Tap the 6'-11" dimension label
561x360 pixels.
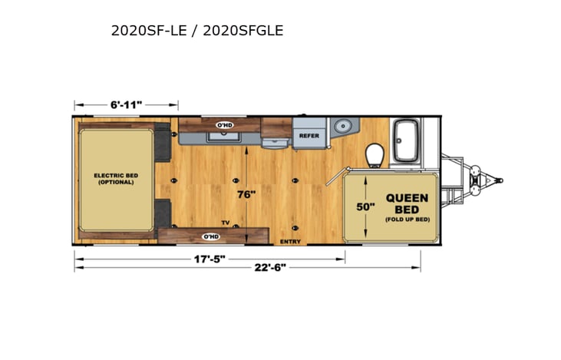pos(126,104)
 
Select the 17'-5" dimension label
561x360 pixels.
pos(210,259)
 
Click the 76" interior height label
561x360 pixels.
pos(246,194)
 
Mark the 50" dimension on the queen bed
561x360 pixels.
pos(365,206)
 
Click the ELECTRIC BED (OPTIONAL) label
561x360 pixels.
pos(116,179)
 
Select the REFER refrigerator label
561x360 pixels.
pos(309,136)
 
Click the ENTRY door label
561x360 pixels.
pos(291,240)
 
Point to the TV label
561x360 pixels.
pos(225,223)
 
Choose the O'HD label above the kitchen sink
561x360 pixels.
pos(224,124)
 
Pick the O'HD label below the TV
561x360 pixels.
pos(210,236)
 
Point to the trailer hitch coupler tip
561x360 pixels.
pos(499,181)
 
